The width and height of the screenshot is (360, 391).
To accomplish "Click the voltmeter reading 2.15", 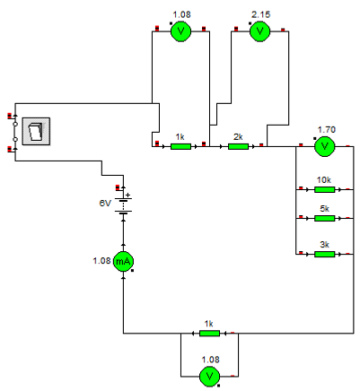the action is [259, 31].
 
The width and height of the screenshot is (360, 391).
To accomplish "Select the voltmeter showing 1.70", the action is [324, 146].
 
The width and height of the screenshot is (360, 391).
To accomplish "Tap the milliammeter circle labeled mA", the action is [123, 262].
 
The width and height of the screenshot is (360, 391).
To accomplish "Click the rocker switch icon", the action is [36, 132].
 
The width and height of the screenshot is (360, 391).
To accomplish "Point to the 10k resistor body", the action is [325, 189].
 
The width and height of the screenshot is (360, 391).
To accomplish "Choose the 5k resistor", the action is [325, 219].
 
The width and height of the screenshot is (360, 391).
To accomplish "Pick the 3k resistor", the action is [325, 254].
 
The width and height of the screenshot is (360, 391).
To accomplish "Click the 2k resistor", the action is [238, 146].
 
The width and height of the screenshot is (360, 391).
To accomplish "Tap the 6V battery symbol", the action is [123, 205].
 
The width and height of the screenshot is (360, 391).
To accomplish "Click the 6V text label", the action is [105, 204].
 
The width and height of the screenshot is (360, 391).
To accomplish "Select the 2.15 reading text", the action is [260, 14].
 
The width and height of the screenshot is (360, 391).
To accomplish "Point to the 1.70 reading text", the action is [326, 130].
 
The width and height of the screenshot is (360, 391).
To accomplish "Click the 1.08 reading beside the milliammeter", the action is [101, 261].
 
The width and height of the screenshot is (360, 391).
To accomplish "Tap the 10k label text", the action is [324, 180].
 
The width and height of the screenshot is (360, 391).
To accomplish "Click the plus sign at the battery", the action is [128, 195].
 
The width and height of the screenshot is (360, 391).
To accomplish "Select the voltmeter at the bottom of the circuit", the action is [209, 377].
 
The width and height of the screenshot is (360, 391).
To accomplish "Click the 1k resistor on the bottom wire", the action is [209, 333].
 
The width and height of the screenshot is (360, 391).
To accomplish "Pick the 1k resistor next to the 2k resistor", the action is [180, 146].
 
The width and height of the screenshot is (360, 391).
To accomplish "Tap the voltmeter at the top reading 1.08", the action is [180, 31].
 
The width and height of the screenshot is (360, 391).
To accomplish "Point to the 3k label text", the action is [325, 245].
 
